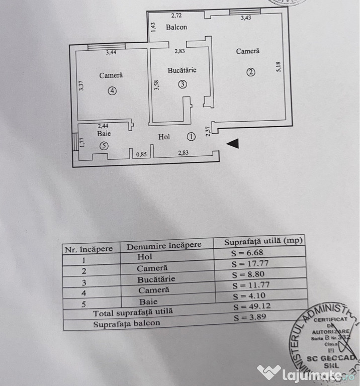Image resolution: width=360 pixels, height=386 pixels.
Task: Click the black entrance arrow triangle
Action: [x=232, y=144]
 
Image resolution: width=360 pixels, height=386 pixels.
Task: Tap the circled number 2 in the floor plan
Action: [x=250, y=72]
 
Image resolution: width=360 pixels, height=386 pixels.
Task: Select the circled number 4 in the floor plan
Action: [x=111, y=91]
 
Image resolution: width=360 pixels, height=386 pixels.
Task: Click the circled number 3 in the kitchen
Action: [x=182, y=84]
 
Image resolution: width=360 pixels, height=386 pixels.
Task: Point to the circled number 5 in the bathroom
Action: [x=104, y=146]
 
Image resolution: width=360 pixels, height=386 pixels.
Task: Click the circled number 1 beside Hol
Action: [x=191, y=136]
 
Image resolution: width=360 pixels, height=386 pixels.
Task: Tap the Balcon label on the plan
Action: [x=176, y=27]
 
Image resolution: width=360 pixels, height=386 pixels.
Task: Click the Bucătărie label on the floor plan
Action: [x=182, y=71]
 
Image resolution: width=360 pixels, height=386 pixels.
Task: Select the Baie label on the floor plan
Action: [x=104, y=134]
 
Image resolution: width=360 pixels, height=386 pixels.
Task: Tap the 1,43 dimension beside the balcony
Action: [x=154, y=27]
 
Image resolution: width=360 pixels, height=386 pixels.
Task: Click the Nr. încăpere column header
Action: [x=91, y=248]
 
